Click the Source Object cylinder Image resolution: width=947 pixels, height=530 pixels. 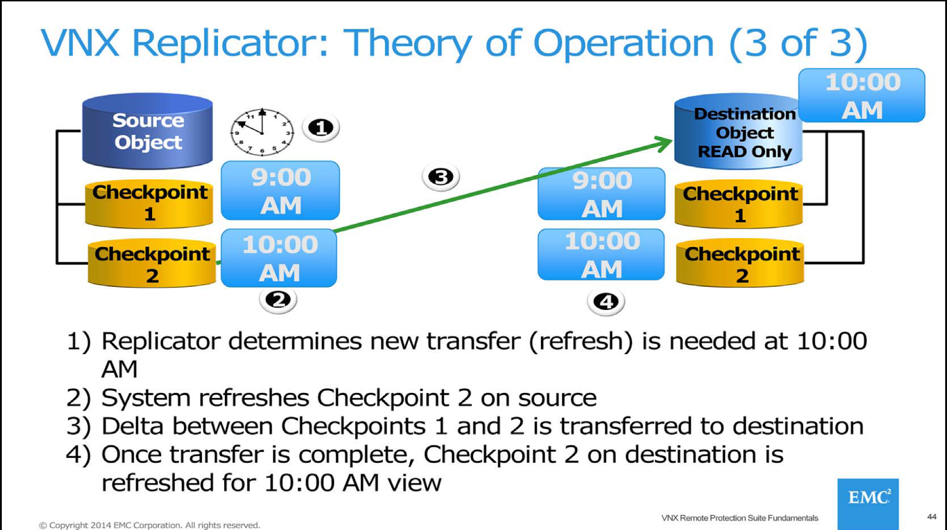[147, 131]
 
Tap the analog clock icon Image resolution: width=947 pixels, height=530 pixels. [262, 132]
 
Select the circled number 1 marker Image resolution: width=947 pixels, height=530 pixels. [321, 128]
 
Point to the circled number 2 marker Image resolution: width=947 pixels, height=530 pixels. [278, 300]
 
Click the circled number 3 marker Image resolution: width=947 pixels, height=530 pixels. [440, 177]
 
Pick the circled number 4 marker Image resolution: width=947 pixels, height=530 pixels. [605, 302]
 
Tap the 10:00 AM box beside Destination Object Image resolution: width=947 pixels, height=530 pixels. [862, 96]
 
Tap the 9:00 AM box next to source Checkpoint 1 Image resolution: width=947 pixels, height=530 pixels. [281, 190]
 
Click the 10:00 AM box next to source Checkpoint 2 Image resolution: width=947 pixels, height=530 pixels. [279, 258]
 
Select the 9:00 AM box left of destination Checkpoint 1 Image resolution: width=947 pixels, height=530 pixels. [601, 194]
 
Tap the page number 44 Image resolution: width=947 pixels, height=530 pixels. [932, 517]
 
